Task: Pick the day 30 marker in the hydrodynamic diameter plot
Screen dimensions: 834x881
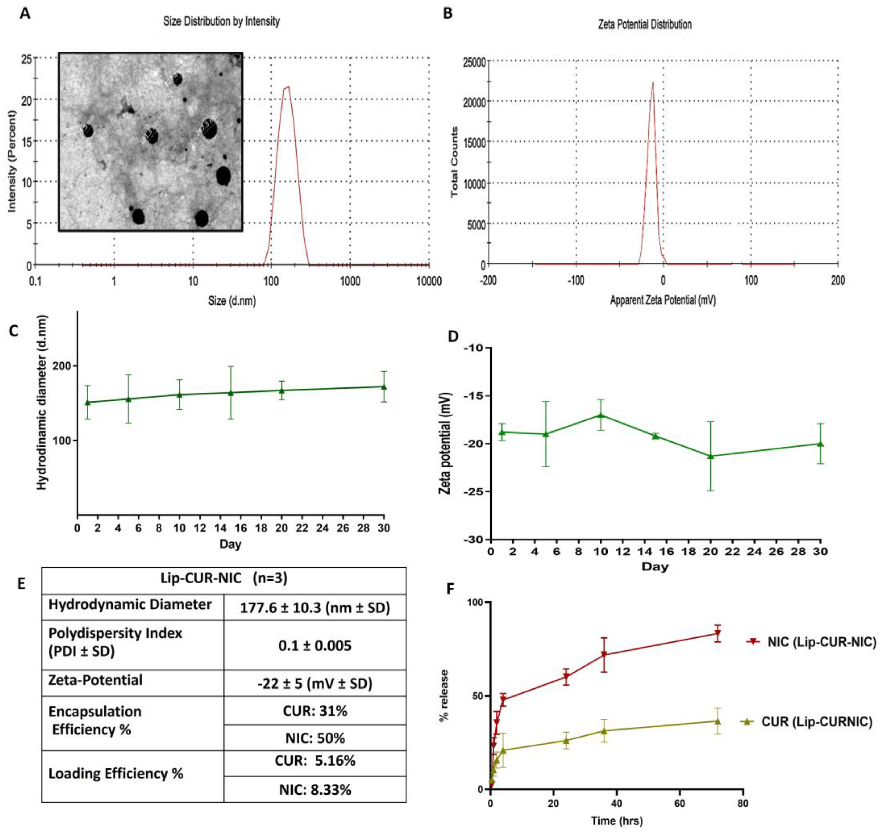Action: pyautogui.click(x=384, y=387)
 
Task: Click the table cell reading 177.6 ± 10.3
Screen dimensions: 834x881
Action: pyautogui.click(x=315, y=607)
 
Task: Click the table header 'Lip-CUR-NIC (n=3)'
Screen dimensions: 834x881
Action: pyautogui.click(x=224, y=578)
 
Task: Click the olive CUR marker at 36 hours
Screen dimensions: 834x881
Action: pyautogui.click(x=604, y=730)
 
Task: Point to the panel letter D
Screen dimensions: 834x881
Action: pyautogui.click(x=453, y=336)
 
